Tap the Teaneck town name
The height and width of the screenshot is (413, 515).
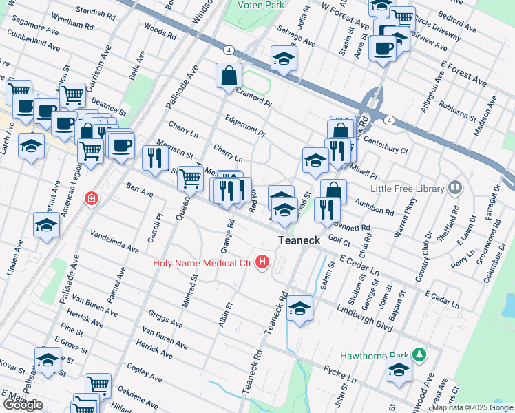pyautogui.click(x=300, y=240)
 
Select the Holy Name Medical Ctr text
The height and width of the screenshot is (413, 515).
pyautogui.click(x=203, y=262)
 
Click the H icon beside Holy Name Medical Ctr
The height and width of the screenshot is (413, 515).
pyautogui.click(x=262, y=262)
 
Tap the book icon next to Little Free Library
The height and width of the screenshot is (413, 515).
pyautogui.click(x=454, y=187)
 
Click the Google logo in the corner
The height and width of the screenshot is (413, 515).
pyautogui.click(x=23, y=405)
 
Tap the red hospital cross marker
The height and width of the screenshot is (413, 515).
pyautogui.click(x=91, y=199)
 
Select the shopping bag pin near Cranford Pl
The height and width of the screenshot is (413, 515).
pyautogui.click(x=228, y=76)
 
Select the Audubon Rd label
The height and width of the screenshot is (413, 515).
pyautogui.click(x=375, y=207)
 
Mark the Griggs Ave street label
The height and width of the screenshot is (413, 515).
pyautogui.click(x=165, y=321)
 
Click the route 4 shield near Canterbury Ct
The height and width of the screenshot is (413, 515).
pyautogui.click(x=390, y=120)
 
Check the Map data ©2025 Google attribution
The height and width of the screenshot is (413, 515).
pyautogui.click(x=472, y=407)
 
